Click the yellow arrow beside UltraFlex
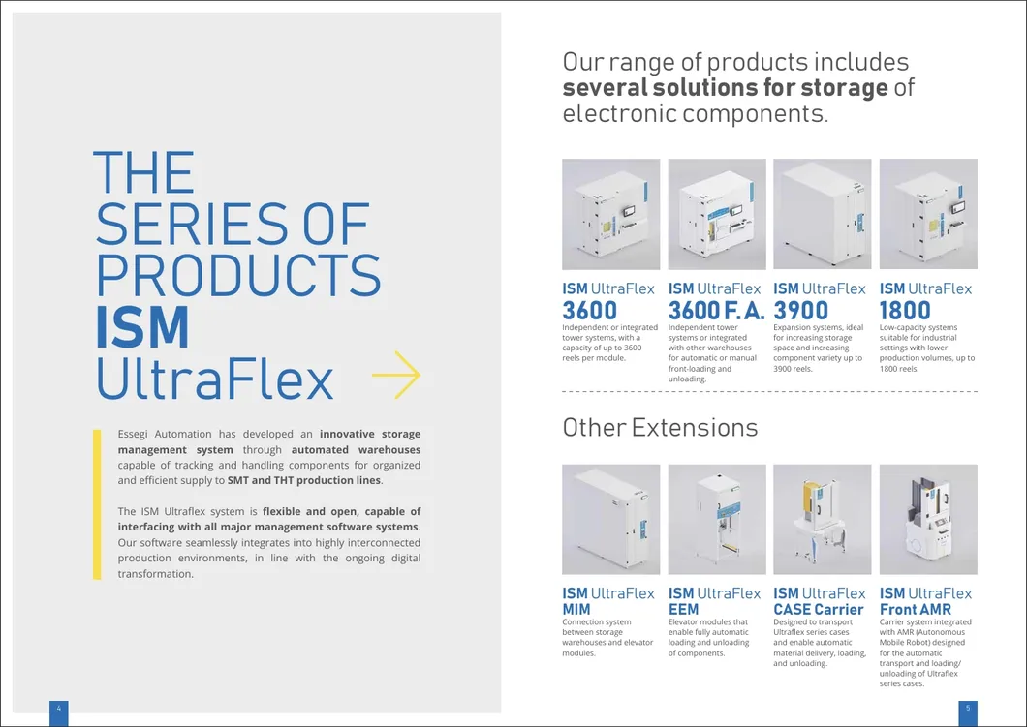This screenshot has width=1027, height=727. [x=396, y=379]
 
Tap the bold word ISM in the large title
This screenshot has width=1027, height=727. [x=141, y=328]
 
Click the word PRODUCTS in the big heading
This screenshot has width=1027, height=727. [x=238, y=275]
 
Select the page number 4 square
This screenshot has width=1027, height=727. [x=59, y=710]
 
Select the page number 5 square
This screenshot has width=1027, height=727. [x=968, y=710]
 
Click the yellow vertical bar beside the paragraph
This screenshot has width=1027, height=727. [x=97, y=503]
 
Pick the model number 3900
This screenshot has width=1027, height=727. [x=801, y=311]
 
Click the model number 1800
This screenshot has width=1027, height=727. [x=905, y=311]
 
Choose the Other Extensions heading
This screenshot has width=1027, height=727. [x=660, y=427]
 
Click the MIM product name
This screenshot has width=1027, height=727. [x=576, y=609]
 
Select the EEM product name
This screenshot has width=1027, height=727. [x=683, y=609]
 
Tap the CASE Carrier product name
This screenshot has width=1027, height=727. [x=818, y=609]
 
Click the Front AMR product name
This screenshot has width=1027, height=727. [x=915, y=609]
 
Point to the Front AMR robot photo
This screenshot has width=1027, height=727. [x=928, y=519]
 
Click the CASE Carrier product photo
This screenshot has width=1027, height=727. [x=822, y=519]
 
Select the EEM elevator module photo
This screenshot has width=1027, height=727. [x=716, y=519]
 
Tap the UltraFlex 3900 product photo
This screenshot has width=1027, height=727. [x=822, y=214]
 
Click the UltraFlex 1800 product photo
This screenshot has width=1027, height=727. [x=928, y=214]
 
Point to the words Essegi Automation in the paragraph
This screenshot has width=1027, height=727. [x=168, y=435]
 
